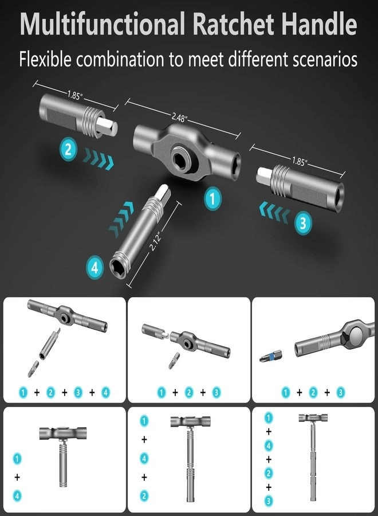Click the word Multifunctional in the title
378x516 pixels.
(103, 25)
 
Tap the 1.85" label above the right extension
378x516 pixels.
(297, 162)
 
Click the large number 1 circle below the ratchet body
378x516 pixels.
(212, 200)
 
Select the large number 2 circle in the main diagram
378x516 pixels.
(68, 151)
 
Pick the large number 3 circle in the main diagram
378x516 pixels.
(304, 222)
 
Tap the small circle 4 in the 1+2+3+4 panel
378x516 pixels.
(105, 393)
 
